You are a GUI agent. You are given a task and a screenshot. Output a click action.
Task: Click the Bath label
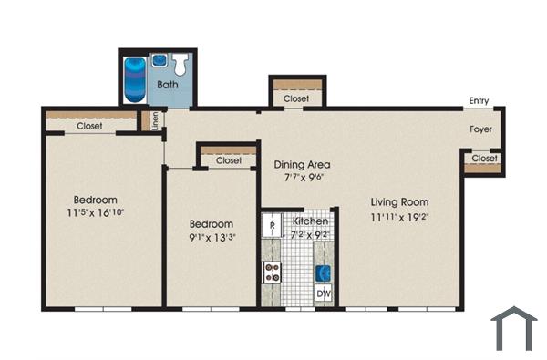pos(168,85)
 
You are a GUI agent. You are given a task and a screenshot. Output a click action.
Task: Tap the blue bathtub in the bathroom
pos(136,77)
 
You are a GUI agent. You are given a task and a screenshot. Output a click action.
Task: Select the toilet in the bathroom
pos(181,64)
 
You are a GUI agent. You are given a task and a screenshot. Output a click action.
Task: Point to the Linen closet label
pos(156,120)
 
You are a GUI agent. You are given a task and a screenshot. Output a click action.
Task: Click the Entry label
pos(480,100)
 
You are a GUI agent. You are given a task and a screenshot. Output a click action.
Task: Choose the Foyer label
pos(481,129)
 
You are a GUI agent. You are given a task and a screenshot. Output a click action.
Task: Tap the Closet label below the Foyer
pos(483,159)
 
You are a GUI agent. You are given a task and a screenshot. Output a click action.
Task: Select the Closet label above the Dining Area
pos(295,98)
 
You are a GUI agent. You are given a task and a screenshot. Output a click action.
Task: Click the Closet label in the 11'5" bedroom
pos(89,126)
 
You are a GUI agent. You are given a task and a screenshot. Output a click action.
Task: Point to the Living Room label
pos(399,202)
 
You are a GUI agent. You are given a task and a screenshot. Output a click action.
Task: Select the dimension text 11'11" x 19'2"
pos(399,218)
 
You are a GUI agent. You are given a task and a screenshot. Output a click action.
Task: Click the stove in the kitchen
pos(272,270)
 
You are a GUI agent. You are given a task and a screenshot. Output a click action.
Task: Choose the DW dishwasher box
pos(323,293)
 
